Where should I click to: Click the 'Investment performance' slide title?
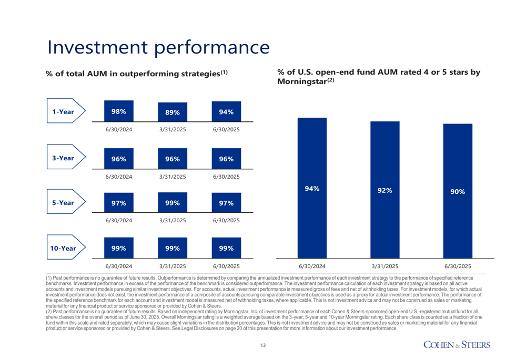coord(158,46)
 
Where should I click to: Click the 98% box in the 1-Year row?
coord(118,111)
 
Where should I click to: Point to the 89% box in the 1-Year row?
coord(173,112)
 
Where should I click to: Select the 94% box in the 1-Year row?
coord(227,111)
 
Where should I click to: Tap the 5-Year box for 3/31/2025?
coord(173,203)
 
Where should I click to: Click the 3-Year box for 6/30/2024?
coord(118,158)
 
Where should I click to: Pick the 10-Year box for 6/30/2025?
coord(227,248)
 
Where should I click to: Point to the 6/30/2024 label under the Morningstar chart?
coord(312,266)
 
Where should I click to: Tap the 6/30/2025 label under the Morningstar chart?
coord(458,266)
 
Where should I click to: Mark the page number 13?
coord(263,345)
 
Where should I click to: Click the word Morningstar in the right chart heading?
coord(301,82)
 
